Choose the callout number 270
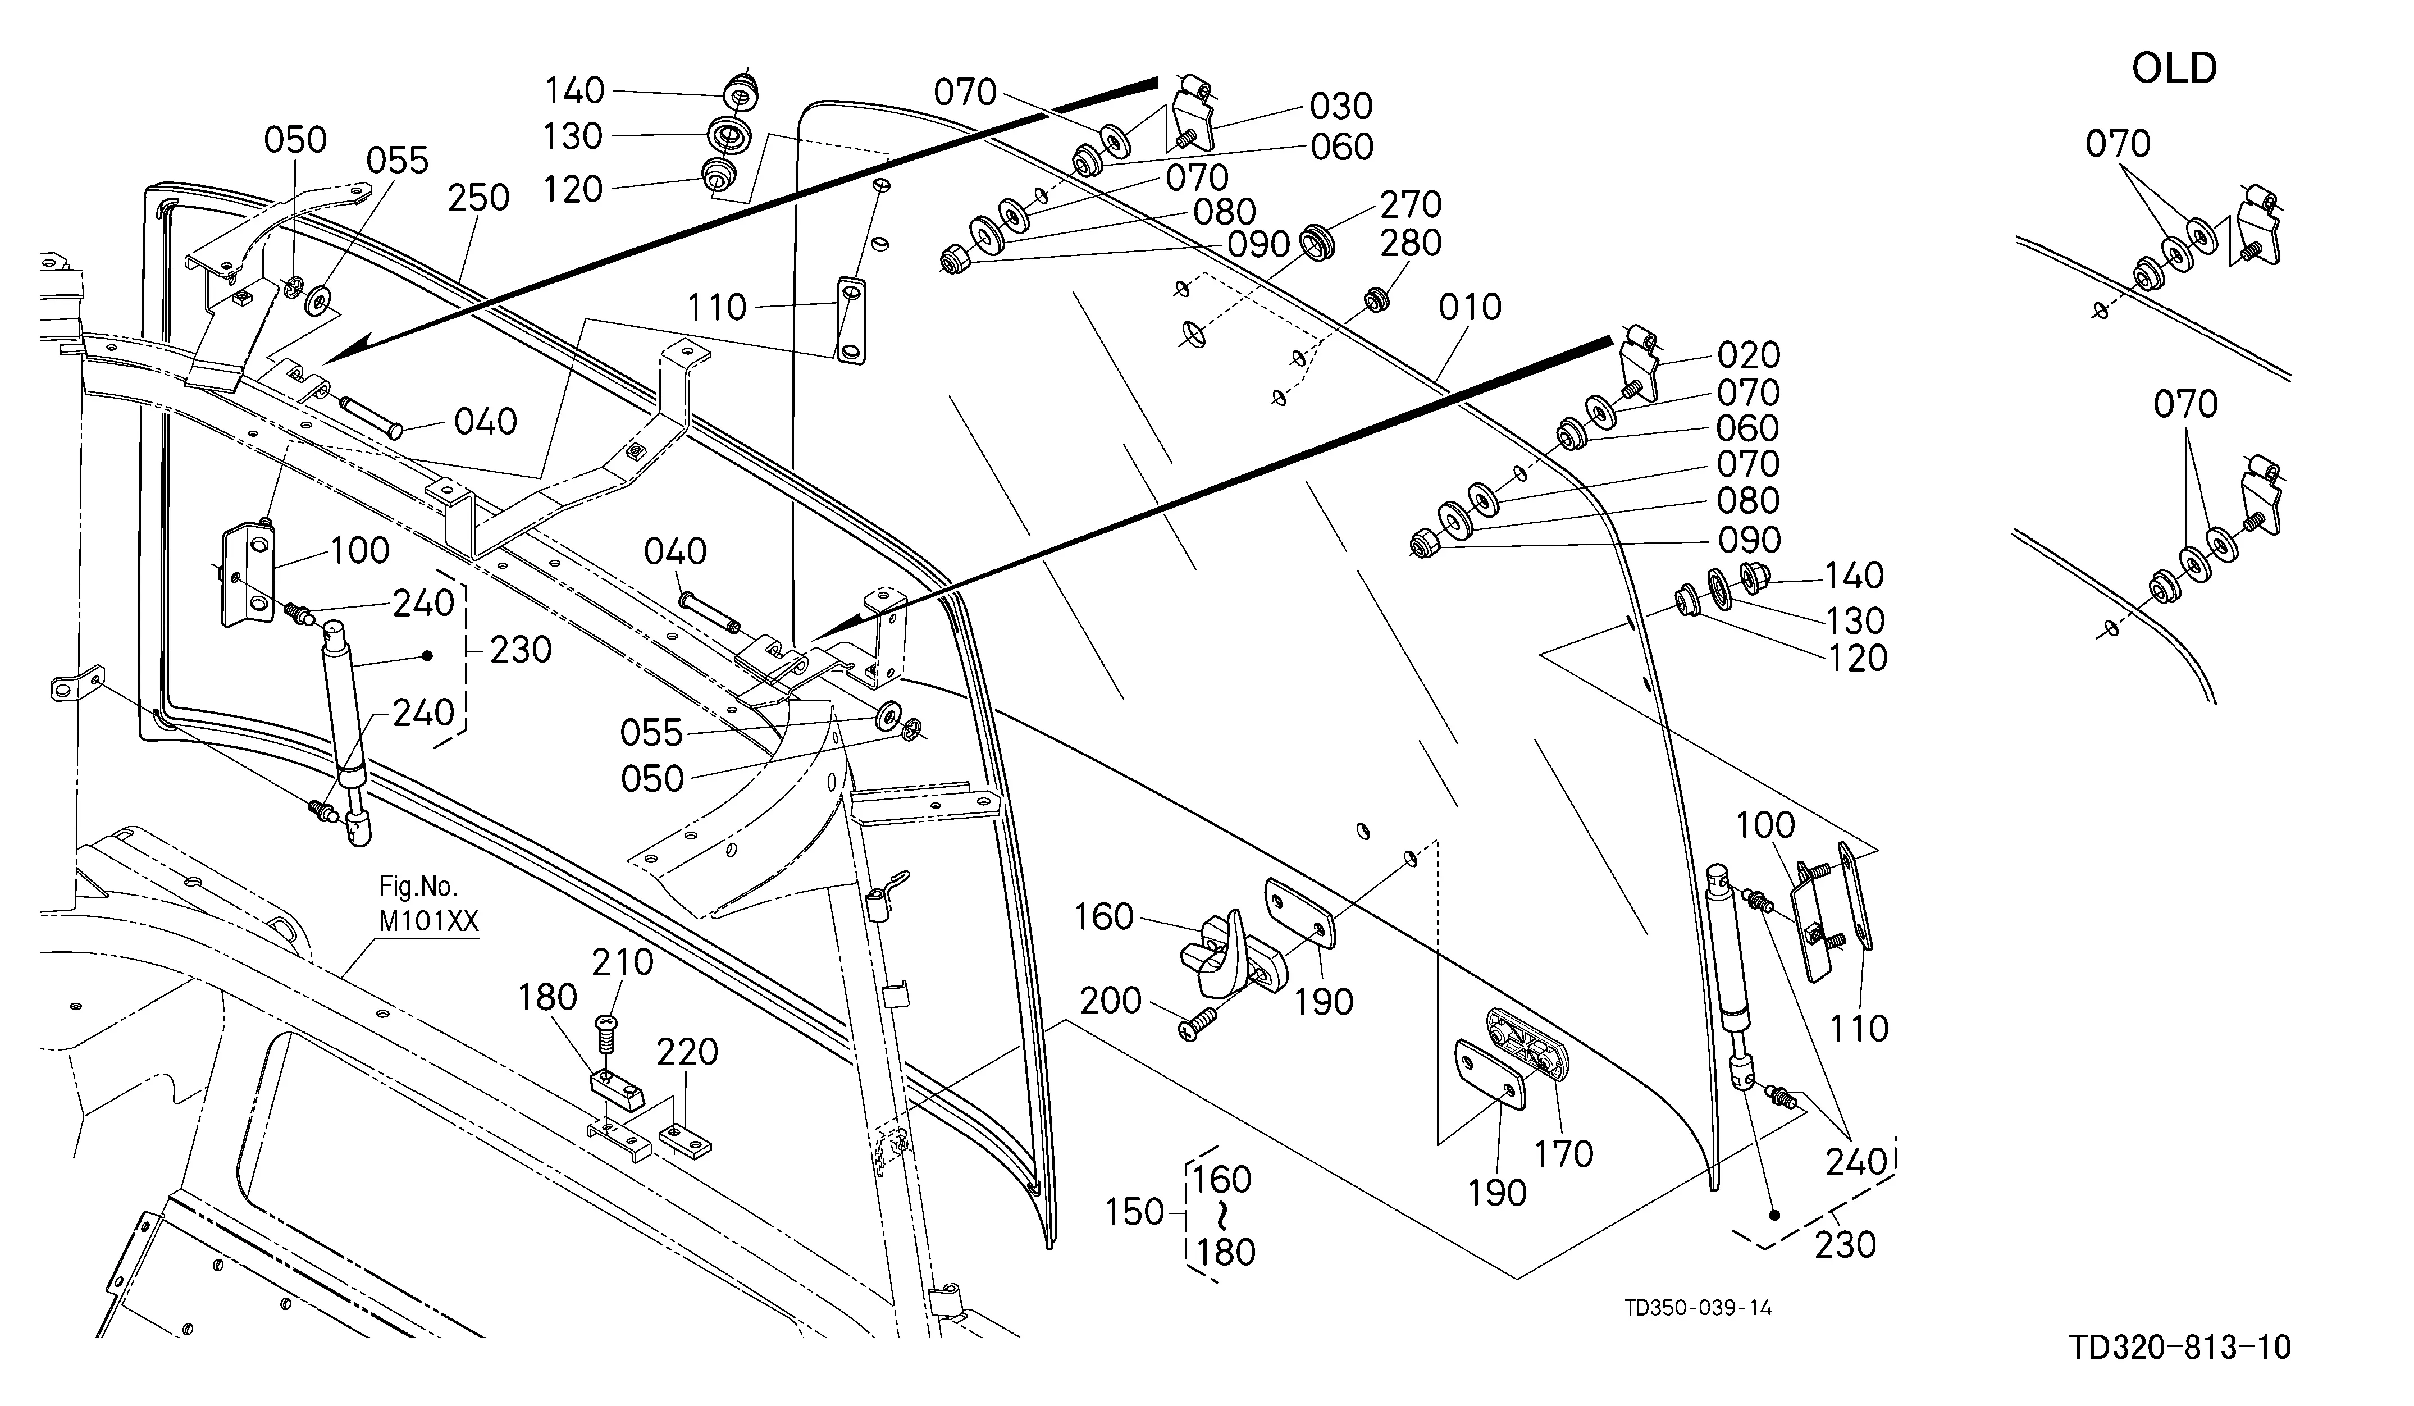[x=1411, y=205]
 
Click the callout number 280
[x=1411, y=243]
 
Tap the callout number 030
[x=1342, y=106]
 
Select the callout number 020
[x=1748, y=355]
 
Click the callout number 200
[x=1111, y=1001]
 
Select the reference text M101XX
[x=429, y=921]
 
